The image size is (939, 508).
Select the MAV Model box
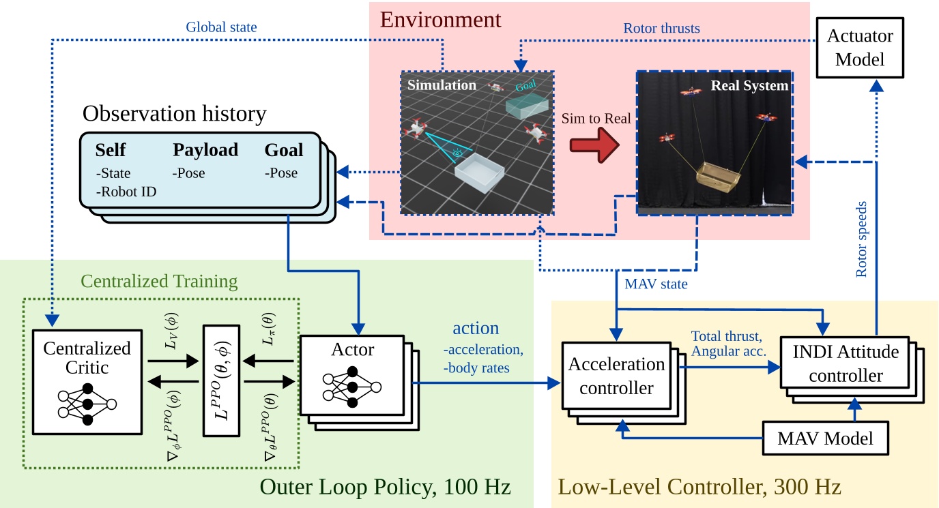click(x=824, y=437)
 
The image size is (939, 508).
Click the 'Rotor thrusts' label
click(x=661, y=29)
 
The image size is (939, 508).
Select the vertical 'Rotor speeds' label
click(x=862, y=239)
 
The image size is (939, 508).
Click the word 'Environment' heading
click(x=440, y=19)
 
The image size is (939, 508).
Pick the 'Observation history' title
click(x=174, y=113)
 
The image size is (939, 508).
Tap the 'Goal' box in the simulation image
click(x=526, y=102)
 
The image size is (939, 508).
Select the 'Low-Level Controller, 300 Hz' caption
click(x=699, y=487)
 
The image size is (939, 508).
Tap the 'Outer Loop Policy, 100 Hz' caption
click(x=385, y=487)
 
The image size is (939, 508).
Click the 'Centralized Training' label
click(x=159, y=281)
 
